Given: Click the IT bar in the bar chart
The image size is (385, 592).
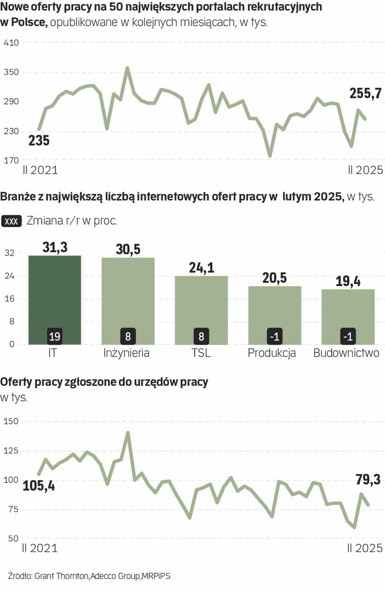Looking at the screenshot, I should point(55,296).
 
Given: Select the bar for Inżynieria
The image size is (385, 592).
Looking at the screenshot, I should point(128,296).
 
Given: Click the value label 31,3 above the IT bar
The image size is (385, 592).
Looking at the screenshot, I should point(55,248).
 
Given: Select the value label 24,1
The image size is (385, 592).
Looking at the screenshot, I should point(201,268).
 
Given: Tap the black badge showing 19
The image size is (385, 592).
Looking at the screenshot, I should point(54,335).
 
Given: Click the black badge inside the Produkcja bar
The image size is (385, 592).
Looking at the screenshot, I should point(274,335).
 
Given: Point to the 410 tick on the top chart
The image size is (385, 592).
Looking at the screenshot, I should point(12,43).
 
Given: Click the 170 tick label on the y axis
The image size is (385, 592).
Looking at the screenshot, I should point(12,161).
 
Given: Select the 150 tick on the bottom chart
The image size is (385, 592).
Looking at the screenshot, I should point(12,421).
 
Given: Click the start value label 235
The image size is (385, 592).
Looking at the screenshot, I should point(39,140).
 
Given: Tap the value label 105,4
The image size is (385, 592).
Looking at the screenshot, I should point(39,485).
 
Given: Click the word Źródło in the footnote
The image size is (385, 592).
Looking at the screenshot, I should point(20,576).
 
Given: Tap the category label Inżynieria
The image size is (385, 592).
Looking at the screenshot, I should point(127,353).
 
